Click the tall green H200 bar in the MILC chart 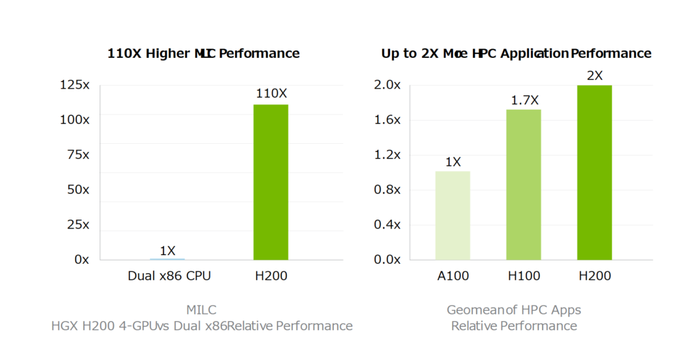pyautogui.click(x=271, y=182)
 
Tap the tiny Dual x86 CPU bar pyautogui.click(x=167, y=258)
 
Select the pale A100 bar pyautogui.click(x=453, y=215)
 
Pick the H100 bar pyautogui.click(x=523, y=184)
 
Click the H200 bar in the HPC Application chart pyautogui.click(x=594, y=172)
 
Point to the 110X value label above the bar pyautogui.click(x=271, y=93)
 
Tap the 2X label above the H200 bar pyautogui.click(x=594, y=76)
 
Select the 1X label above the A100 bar pyautogui.click(x=453, y=162)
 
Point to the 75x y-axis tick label pyautogui.click(x=76, y=155)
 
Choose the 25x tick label pyautogui.click(x=76, y=224)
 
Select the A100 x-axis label pyautogui.click(x=453, y=276)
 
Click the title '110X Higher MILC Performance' pyautogui.click(x=203, y=53)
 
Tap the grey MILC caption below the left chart pyautogui.click(x=202, y=310)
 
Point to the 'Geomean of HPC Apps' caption pyautogui.click(x=514, y=310)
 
